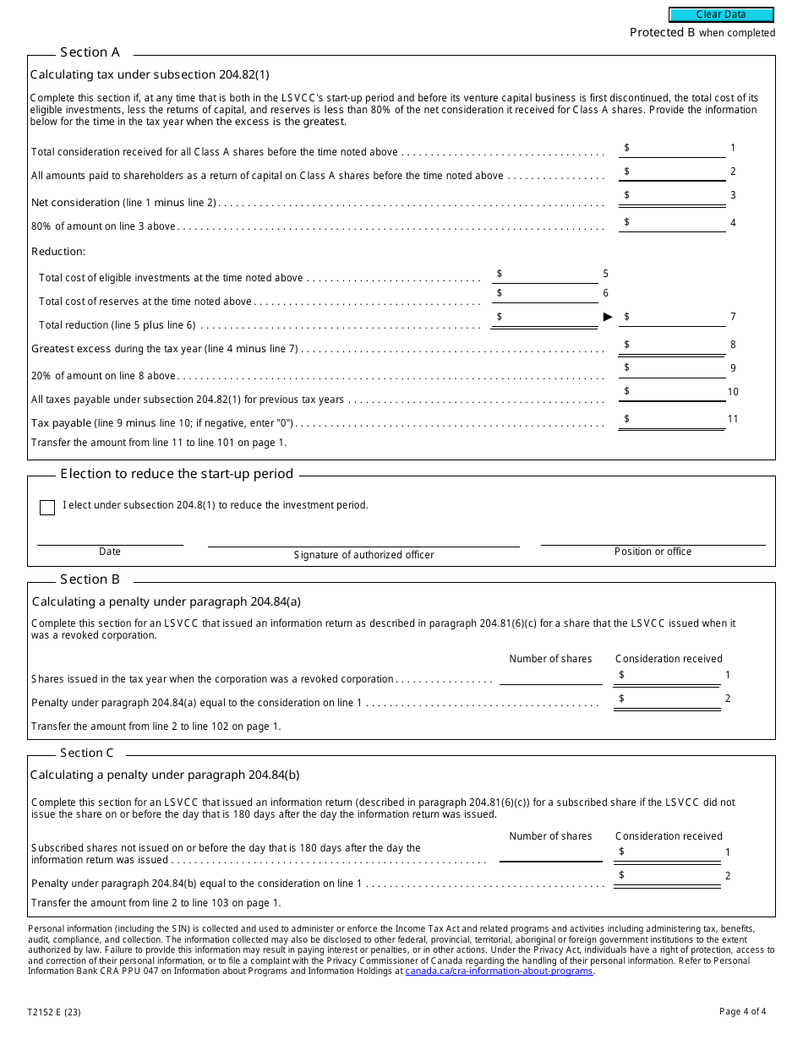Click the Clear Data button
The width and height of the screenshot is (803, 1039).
(x=721, y=14)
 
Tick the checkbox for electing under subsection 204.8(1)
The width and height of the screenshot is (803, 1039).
(x=47, y=507)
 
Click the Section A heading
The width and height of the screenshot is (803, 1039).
(x=90, y=52)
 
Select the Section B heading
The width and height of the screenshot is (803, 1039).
(x=90, y=579)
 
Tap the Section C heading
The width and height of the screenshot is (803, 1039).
(x=86, y=753)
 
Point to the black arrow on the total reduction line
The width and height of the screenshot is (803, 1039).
(x=608, y=317)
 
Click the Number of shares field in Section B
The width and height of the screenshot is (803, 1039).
(x=550, y=676)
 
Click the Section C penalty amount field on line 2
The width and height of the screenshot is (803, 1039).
(x=668, y=876)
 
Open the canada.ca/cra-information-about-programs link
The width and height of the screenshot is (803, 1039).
(x=499, y=971)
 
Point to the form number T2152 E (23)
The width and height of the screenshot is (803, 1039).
(x=55, y=1012)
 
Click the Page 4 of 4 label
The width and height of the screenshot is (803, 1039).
(x=742, y=1012)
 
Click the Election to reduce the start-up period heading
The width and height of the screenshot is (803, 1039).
(x=177, y=474)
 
